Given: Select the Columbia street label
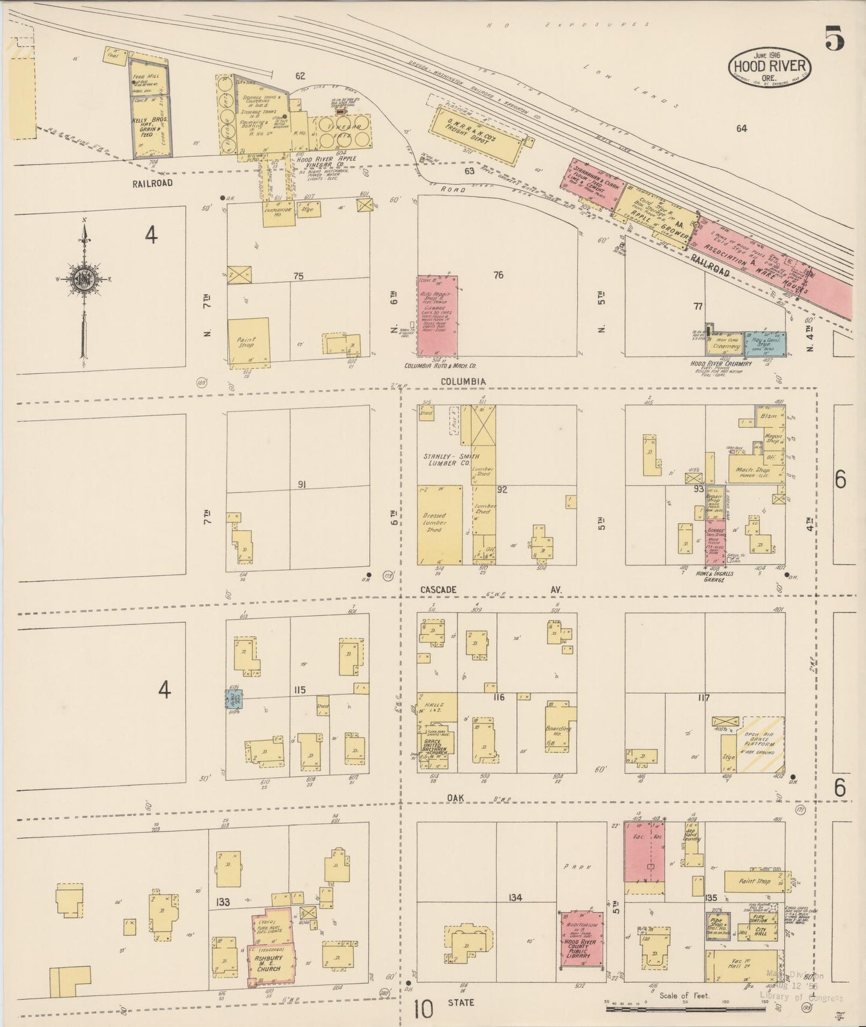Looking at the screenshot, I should (x=463, y=381).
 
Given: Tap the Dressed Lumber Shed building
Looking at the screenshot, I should (x=439, y=525).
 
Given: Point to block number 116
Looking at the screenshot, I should (x=499, y=697).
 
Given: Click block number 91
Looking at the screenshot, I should (x=301, y=484).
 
